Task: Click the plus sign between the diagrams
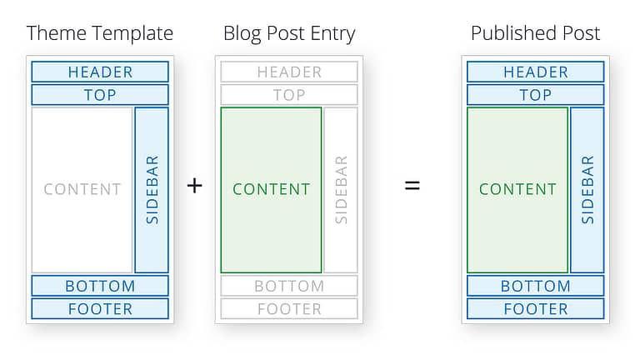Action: point(195,186)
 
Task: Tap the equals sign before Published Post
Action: point(412,186)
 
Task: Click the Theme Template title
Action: point(100,34)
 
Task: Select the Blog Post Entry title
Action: point(289,34)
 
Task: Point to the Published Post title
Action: point(536,33)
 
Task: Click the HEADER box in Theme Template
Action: point(100,72)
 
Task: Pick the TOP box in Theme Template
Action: point(100,95)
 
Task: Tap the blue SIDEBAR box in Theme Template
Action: point(152,190)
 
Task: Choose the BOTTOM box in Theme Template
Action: point(100,286)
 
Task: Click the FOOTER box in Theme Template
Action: point(100,308)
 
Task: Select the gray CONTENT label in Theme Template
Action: point(82,189)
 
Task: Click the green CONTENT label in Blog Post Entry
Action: point(272,189)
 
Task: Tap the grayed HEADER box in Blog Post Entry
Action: point(289,72)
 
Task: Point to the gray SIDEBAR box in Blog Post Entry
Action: point(341,190)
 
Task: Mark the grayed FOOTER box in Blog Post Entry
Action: point(289,308)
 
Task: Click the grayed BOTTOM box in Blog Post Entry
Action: point(289,286)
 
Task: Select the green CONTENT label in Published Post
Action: point(518,189)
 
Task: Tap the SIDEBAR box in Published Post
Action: point(587,190)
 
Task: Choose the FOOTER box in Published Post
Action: point(536,308)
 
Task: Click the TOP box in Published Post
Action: point(536,95)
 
